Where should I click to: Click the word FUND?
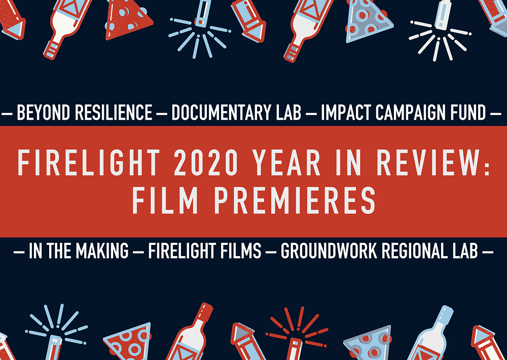pos(465,113)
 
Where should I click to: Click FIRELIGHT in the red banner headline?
pos(89,162)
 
